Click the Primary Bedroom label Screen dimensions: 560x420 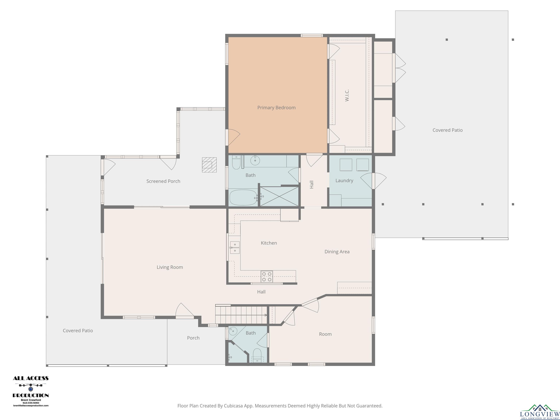(x=277, y=108)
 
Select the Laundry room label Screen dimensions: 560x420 (x=344, y=180)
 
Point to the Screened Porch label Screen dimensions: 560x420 (x=163, y=181)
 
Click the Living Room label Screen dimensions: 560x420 (x=170, y=267)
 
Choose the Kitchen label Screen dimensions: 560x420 (x=269, y=243)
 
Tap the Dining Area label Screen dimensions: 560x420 (x=337, y=252)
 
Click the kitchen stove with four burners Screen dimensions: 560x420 (x=267, y=277)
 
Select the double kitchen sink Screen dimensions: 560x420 (x=235, y=248)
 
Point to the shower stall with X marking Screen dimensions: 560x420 (x=279, y=196)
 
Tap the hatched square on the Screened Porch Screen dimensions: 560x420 (x=209, y=165)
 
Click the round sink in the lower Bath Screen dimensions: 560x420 (x=233, y=331)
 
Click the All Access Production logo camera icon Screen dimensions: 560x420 (x=31, y=389)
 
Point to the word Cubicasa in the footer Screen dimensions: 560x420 (x=233, y=406)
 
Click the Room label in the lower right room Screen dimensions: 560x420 (x=325, y=334)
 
